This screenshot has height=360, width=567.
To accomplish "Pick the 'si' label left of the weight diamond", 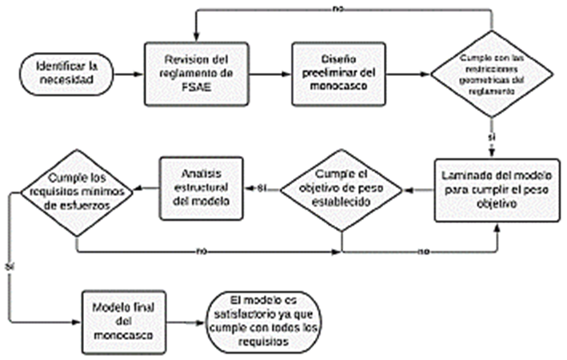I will (261, 189).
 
